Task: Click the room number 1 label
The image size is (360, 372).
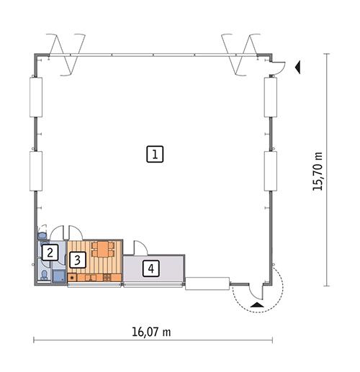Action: [156, 153]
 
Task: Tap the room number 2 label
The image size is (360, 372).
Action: [49, 252]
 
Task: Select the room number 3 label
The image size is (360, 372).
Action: [76, 260]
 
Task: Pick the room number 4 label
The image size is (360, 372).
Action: [150, 269]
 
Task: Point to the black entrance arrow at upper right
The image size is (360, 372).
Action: [298, 67]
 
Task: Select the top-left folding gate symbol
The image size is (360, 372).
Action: [64, 52]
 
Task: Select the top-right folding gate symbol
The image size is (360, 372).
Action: [240, 52]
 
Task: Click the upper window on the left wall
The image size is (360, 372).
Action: [34, 96]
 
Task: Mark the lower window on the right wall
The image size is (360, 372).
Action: [271, 171]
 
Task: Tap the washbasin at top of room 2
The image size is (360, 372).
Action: [42, 235]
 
